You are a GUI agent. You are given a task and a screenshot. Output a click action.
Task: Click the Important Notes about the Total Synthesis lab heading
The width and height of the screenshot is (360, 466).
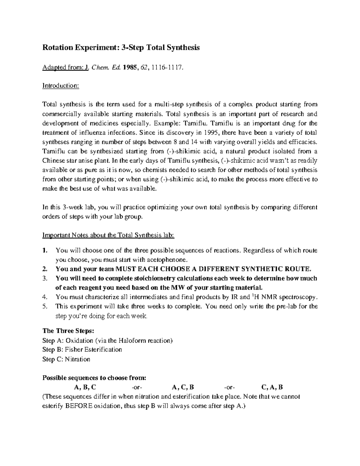[x=108, y=235]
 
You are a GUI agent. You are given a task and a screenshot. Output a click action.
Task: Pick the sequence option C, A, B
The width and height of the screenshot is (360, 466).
[x=272, y=387]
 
